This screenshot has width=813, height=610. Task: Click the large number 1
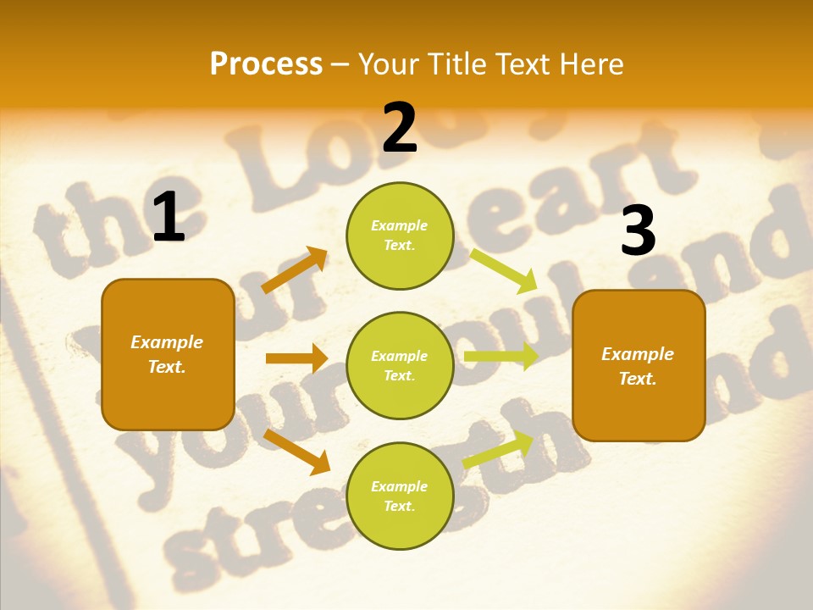coord(169,218)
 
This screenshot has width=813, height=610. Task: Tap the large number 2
coord(400,128)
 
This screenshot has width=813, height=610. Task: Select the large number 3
coord(638,231)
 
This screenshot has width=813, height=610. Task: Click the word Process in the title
coord(266,64)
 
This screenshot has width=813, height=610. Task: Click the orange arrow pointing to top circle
coord(295,270)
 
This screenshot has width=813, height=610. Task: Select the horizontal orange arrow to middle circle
coord(296,358)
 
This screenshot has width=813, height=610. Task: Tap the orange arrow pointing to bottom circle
coord(296,451)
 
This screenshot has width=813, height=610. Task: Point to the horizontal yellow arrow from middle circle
coord(501,357)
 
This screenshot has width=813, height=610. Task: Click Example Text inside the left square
coord(167,354)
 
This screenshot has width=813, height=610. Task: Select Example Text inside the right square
coord(638,366)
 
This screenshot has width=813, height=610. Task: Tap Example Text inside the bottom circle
coord(400,496)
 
